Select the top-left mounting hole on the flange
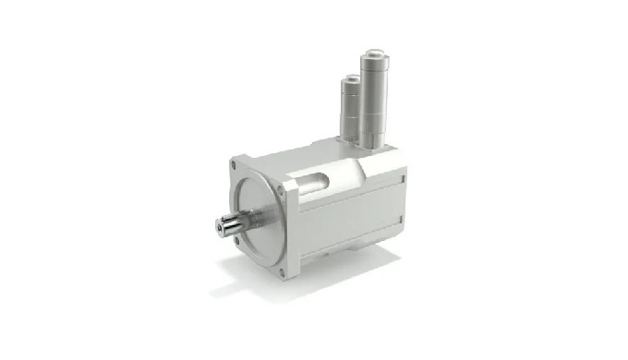pyautogui.click(x=236, y=167)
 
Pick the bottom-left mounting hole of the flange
pyautogui.click(x=237, y=241)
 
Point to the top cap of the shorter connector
pyautogui.click(x=350, y=78)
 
